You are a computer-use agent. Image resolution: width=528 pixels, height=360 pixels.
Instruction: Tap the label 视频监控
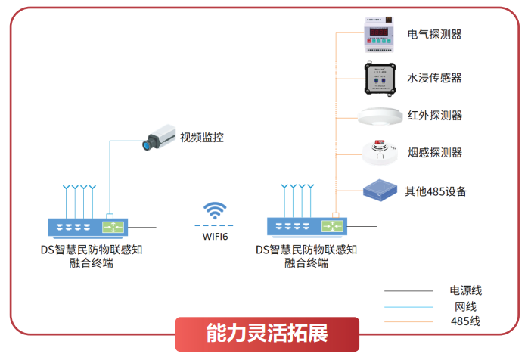[202, 138]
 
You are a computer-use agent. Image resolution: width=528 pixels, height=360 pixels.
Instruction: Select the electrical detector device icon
[381, 34]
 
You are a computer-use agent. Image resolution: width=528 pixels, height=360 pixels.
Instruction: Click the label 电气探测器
[434, 34]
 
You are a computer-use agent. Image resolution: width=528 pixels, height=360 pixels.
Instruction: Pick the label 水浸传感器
[434, 77]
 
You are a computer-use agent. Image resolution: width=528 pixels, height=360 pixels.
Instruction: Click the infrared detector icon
[380, 116]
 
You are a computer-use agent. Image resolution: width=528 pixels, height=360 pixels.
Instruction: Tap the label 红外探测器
[434, 116]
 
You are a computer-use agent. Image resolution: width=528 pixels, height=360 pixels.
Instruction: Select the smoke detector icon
[380, 151]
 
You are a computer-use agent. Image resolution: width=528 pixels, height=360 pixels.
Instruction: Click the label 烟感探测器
[434, 153]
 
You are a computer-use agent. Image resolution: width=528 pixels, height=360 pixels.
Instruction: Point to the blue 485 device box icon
[380, 190]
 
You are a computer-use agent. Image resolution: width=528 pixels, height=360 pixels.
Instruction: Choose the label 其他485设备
[435, 191]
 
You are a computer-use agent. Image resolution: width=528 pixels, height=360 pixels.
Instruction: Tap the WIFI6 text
[215, 237]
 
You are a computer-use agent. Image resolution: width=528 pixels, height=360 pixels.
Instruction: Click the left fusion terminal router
[88, 226]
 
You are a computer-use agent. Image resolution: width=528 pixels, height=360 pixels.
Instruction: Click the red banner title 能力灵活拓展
[266, 334]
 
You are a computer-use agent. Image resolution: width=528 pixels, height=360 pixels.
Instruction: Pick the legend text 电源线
[465, 290]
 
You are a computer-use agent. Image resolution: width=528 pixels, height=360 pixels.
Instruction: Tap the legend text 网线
[465, 306]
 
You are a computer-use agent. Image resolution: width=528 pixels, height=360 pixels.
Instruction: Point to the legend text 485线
[465, 321]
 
